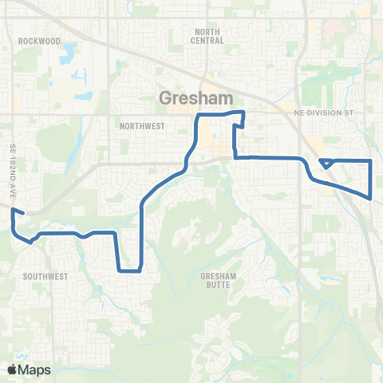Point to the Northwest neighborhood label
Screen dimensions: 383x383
pos(141,126)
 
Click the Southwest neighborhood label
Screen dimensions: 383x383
pos(45,275)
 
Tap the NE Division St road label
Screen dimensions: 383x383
pos(323,113)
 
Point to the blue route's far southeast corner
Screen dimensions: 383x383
pos(371,197)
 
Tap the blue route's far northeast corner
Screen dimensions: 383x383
pos(371,161)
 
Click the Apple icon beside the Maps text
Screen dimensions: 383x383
pos(12,369)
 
